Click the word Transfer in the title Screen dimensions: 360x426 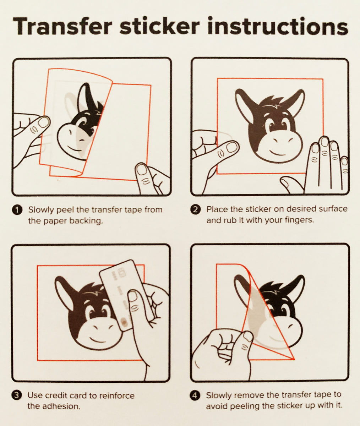coord(62,26)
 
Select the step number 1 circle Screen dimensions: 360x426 coord(17,210)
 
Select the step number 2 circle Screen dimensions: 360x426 coord(195,209)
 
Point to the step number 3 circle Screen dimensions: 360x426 coord(17,395)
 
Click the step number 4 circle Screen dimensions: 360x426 coord(195,395)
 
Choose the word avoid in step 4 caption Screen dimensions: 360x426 coord(217,406)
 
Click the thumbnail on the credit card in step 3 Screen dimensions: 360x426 coord(133,296)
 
